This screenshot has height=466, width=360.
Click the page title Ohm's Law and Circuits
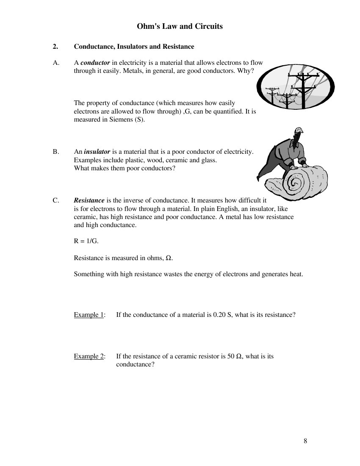click(x=180, y=26)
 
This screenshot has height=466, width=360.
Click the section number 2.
click(x=55, y=47)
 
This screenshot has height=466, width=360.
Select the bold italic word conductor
click(x=95, y=63)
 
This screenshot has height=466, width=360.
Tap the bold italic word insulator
click(x=97, y=152)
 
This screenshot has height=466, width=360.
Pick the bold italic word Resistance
click(x=89, y=200)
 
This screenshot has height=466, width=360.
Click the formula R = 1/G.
click(x=86, y=241)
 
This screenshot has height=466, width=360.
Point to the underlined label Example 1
click(x=89, y=315)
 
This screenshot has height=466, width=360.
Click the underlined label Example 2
click(x=89, y=356)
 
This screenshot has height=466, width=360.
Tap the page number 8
click(x=305, y=441)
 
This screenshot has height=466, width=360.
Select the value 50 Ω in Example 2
click(x=235, y=356)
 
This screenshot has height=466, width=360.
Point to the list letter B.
click(x=55, y=152)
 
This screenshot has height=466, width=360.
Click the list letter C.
click(x=55, y=200)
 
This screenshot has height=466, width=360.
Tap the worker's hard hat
click(x=299, y=130)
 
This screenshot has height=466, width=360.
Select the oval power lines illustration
click(x=296, y=89)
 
